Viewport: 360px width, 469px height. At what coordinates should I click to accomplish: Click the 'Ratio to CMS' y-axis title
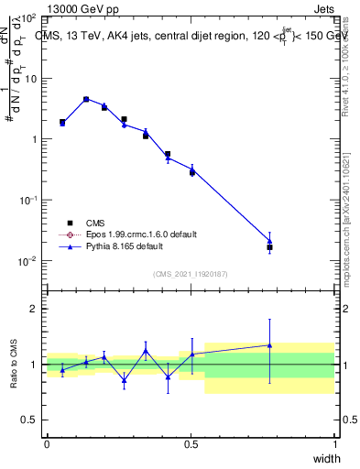point(15,364)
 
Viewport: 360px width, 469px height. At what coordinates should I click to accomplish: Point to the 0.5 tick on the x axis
point(191,444)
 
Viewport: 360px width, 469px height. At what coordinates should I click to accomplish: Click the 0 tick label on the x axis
point(47,444)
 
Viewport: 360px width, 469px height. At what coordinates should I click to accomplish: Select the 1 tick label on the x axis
point(335,444)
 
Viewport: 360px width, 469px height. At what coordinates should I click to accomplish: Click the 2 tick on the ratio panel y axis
point(33,310)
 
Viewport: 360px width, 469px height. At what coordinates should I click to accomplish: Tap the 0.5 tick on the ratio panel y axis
point(28,420)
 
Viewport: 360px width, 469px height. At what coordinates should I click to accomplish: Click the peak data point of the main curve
point(86,99)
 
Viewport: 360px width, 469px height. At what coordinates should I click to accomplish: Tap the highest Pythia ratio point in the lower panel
point(269,344)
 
